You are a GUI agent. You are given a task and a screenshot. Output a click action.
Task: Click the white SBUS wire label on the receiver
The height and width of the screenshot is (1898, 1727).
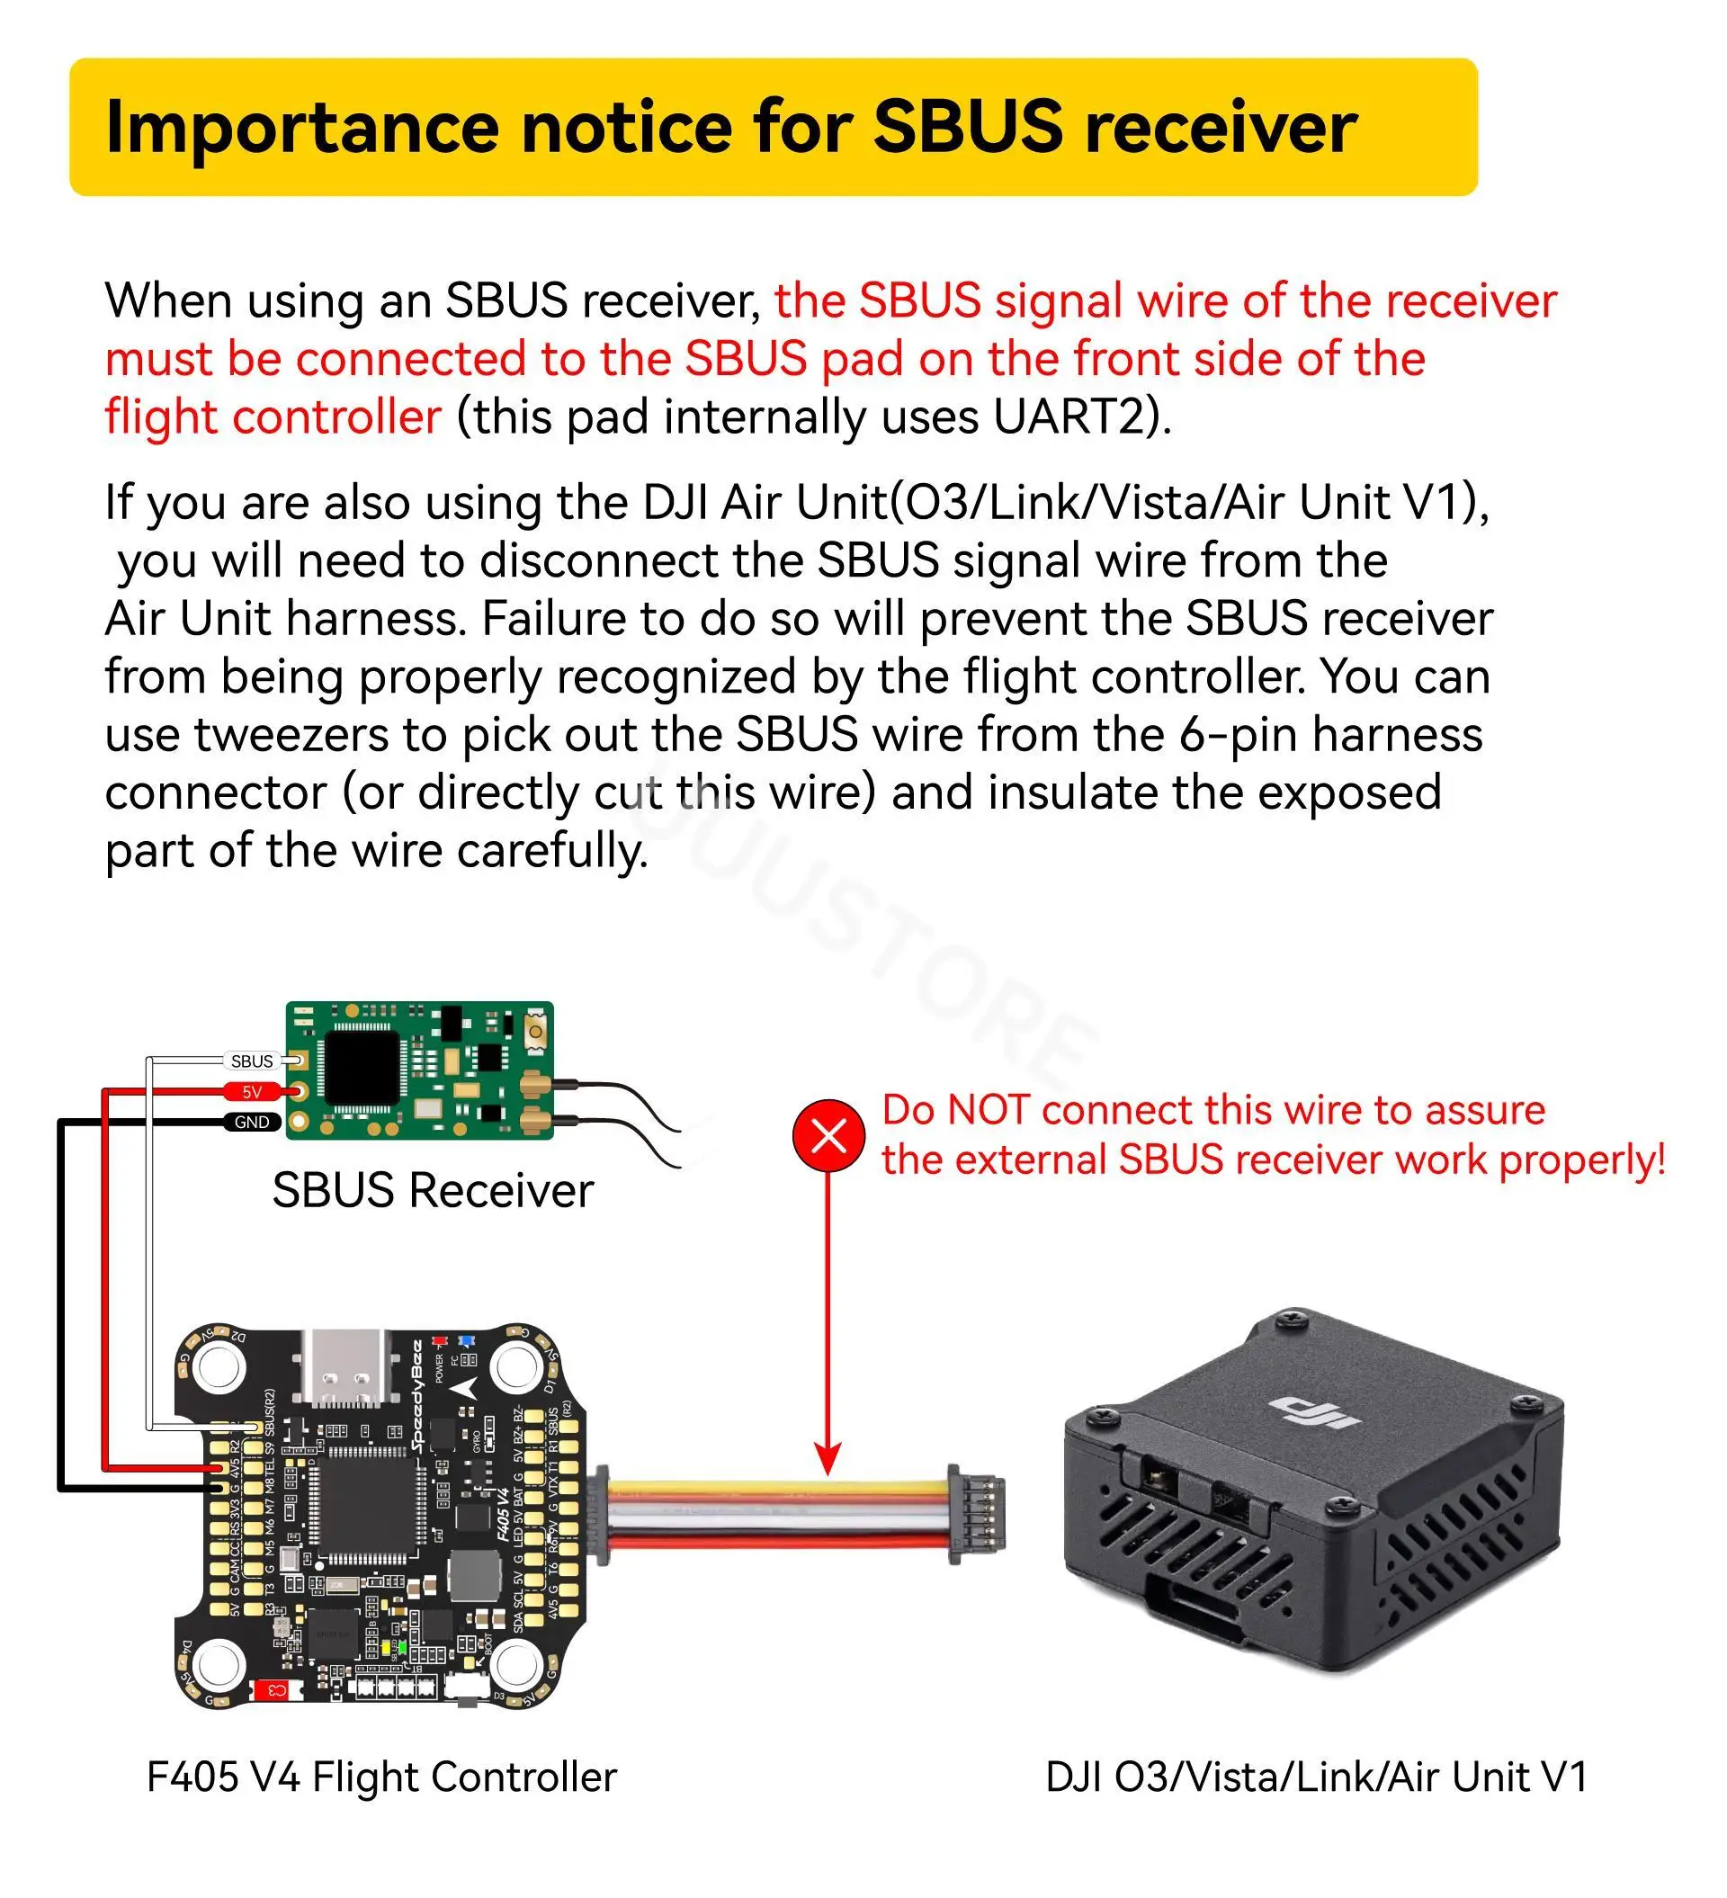click(252, 1061)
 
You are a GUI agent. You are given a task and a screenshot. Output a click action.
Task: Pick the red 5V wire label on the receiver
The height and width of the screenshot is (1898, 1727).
click(252, 1092)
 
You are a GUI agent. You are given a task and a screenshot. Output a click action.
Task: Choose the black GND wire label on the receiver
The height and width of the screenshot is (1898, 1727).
click(252, 1123)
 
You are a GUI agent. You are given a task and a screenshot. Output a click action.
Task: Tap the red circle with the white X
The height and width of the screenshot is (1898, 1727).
click(828, 1136)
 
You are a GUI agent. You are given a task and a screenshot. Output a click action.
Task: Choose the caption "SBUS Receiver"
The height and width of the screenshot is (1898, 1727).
click(434, 1191)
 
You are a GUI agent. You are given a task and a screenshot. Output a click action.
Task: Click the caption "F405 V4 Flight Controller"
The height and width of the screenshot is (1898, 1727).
click(381, 1777)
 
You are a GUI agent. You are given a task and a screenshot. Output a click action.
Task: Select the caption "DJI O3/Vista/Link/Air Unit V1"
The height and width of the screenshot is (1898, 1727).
click(1317, 1777)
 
